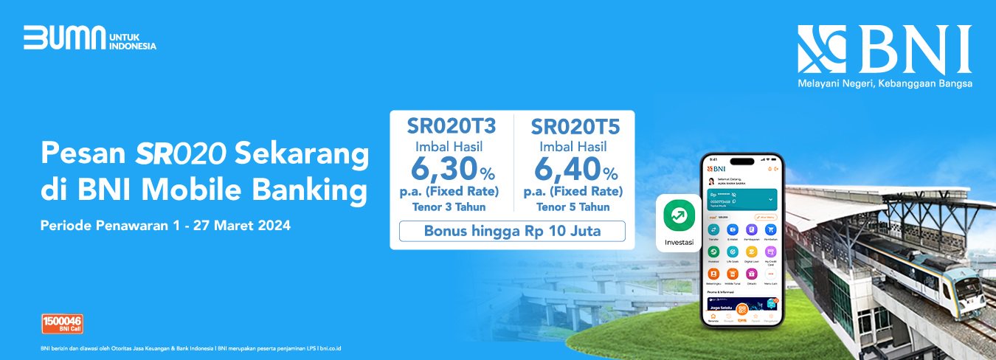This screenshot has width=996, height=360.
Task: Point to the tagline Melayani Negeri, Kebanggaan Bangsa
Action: pyautogui.click(x=885, y=84)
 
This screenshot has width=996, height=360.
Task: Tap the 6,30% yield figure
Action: pyautogui.click(x=452, y=171)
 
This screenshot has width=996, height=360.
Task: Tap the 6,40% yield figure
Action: pyautogui.click(x=575, y=172)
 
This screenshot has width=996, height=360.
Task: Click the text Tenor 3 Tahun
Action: pyautogui.click(x=452, y=207)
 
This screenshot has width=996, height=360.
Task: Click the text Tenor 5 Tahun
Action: pyautogui.click(x=575, y=207)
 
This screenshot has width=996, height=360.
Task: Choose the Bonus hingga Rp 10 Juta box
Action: pyautogui.click(x=512, y=231)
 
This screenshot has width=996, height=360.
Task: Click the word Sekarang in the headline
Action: pyautogui.click(x=302, y=155)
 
